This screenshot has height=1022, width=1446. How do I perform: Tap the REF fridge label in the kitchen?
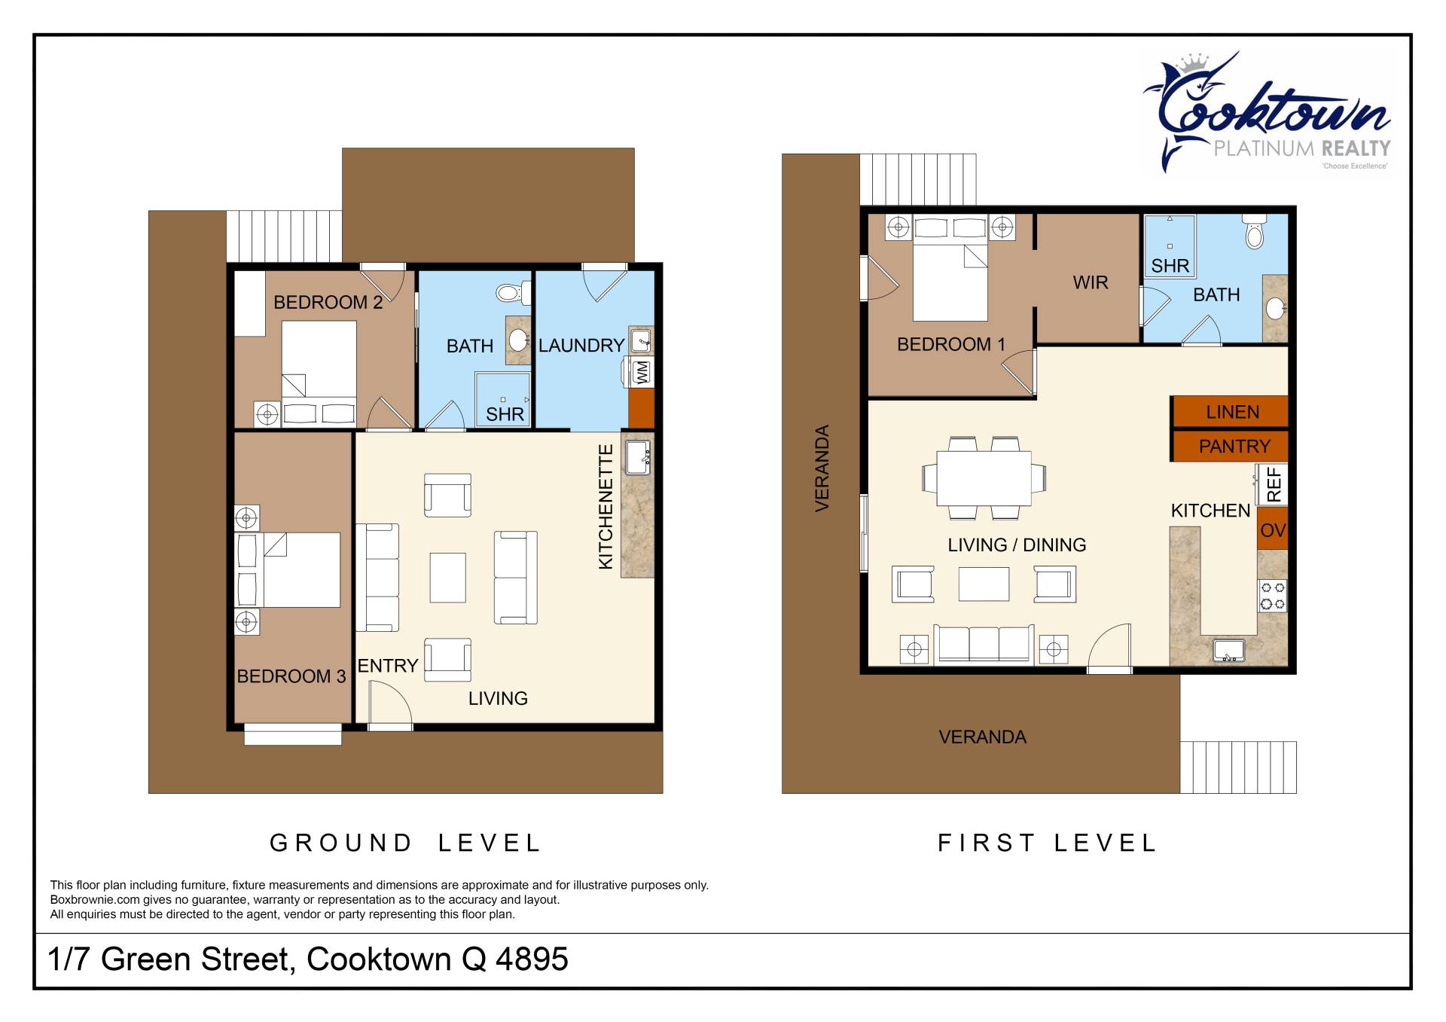(1274, 484)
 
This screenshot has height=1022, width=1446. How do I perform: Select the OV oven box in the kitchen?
(1272, 530)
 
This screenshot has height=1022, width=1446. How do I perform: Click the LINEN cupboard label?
(1232, 412)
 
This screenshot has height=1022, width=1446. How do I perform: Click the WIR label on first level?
(1090, 282)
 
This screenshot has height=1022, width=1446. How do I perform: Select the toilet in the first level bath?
(1254, 232)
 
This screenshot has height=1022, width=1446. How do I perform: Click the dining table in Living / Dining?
(984, 477)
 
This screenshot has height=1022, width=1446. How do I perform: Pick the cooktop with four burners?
(1272, 595)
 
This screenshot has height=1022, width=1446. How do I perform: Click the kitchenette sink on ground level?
(637, 457)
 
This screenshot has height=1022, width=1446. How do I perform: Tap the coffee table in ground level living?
(447, 578)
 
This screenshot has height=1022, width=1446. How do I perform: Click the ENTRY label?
(387, 666)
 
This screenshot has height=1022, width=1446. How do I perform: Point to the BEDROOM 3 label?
(291, 676)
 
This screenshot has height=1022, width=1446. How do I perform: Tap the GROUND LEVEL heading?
(405, 843)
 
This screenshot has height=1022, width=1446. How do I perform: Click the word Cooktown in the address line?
(379, 959)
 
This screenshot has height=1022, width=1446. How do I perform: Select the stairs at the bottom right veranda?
(1238, 767)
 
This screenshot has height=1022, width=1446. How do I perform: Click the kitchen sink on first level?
(1229, 649)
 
